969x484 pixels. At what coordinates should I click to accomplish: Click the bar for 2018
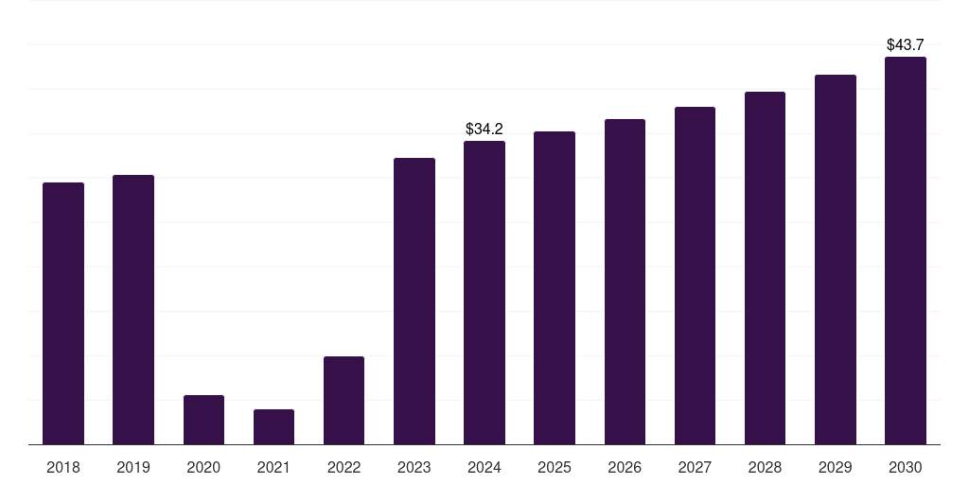[x=63, y=313]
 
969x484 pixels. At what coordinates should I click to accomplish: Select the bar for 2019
[x=133, y=309]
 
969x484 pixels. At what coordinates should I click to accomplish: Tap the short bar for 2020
[x=203, y=420]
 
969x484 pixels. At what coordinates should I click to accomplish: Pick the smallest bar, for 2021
[x=273, y=426]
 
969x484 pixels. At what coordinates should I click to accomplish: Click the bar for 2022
[x=344, y=400]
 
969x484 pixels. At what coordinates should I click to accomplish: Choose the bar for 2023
[x=414, y=301]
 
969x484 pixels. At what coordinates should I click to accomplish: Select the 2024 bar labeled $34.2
[x=484, y=292]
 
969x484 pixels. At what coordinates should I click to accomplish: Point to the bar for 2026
[x=625, y=282]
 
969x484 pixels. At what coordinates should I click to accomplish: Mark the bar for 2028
[x=765, y=268]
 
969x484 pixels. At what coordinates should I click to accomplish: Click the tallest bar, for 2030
[x=905, y=251]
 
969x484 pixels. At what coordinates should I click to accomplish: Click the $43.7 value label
[x=905, y=44]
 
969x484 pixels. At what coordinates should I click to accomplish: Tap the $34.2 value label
[x=484, y=129]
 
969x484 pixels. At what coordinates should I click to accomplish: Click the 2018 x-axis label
[x=63, y=467]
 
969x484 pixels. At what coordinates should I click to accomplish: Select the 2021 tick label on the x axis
[x=273, y=467]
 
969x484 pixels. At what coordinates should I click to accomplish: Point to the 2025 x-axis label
[x=555, y=467]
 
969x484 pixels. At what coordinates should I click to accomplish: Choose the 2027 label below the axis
[x=695, y=467]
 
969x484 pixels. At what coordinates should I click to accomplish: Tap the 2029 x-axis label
[x=835, y=467]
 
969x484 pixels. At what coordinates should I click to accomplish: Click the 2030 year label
[x=905, y=467]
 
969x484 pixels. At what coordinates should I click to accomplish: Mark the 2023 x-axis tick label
[x=414, y=467]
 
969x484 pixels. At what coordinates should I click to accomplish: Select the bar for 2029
[x=835, y=259]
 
